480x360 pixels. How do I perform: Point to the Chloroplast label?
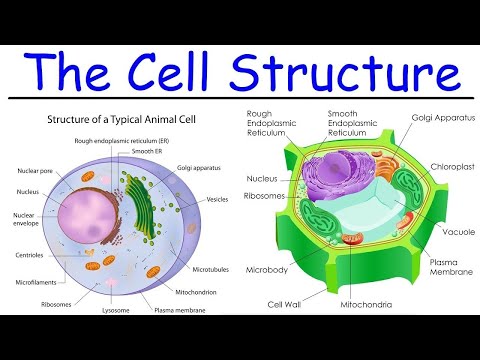(x=445, y=166)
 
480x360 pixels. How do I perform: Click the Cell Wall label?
(x=286, y=304)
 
